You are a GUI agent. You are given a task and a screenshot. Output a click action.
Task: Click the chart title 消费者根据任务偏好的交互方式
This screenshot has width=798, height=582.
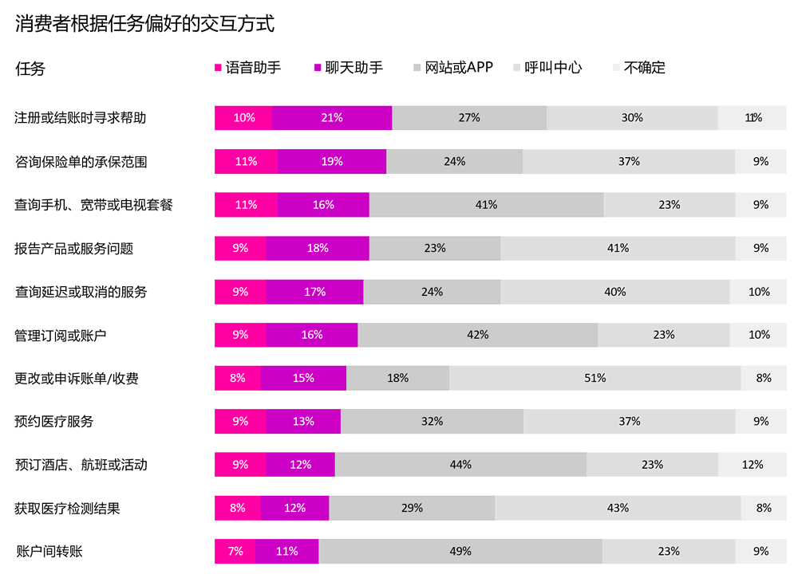pos(144,25)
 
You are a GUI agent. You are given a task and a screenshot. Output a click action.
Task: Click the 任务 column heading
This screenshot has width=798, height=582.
pos(30,69)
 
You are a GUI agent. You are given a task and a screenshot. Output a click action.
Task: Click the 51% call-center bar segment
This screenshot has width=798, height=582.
pos(595,378)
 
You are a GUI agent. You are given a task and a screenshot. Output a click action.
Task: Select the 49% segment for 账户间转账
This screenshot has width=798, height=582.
pos(460,551)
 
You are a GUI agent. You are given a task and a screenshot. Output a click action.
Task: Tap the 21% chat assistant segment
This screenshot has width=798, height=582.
pos(332,118)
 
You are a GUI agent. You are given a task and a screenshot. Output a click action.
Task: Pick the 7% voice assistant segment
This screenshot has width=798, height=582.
pos(235,551)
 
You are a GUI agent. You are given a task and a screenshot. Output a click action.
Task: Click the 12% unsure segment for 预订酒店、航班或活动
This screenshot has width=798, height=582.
pos(752,465)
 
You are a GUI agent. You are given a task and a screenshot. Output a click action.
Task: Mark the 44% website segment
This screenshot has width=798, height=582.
pos(460,465)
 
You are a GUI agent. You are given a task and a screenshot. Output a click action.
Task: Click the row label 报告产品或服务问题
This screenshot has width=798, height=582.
pos(73,248)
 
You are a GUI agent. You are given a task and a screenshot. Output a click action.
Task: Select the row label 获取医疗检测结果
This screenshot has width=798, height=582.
pos(67,508)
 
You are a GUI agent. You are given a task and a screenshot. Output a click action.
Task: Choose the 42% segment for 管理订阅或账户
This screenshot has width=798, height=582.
pos(478,335)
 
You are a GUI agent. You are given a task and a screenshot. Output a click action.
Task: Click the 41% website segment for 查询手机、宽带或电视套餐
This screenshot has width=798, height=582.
pos(486,205)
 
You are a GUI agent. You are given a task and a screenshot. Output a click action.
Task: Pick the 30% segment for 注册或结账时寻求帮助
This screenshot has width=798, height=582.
pos(632,118)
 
